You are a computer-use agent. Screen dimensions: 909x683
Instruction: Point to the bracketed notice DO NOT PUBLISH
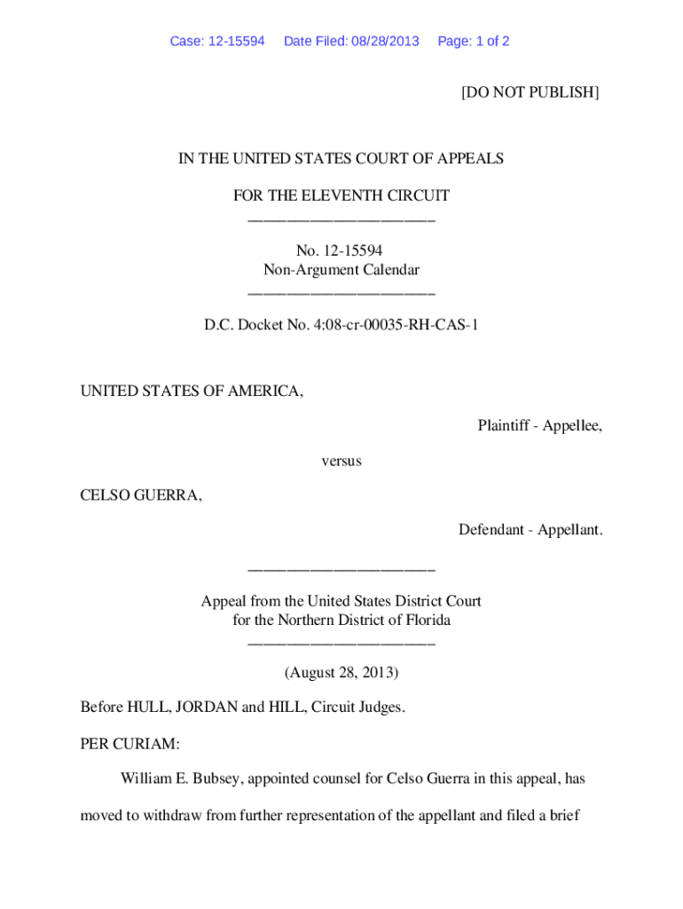tap(530, 91)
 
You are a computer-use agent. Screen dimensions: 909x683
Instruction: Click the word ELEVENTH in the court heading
tap(347, 195)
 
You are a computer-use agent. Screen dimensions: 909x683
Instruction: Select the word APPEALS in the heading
tap(468, 159)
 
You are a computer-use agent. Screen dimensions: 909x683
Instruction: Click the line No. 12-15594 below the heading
tap(341, 251)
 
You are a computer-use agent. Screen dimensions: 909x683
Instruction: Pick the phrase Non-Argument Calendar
tap(341, 270)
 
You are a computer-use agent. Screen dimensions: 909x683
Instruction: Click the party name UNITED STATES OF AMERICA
tap(192, 391)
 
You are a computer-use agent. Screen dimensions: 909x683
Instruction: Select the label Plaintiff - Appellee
tap(539, 426)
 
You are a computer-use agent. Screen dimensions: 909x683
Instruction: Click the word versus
tap(341, 462)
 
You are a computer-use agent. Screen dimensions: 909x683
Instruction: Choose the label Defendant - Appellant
tap(530, 530)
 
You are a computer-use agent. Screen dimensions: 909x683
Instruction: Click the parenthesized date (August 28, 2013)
tap(341, 673)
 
